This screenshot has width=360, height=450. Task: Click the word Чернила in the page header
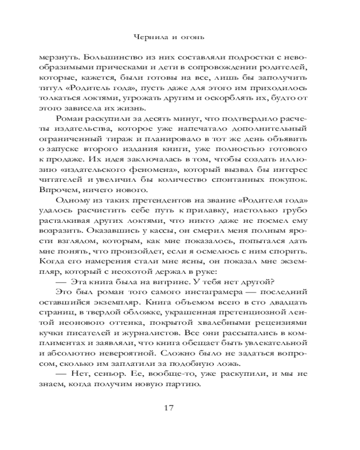[151, 38]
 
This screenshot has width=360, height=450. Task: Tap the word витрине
[164, 282]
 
